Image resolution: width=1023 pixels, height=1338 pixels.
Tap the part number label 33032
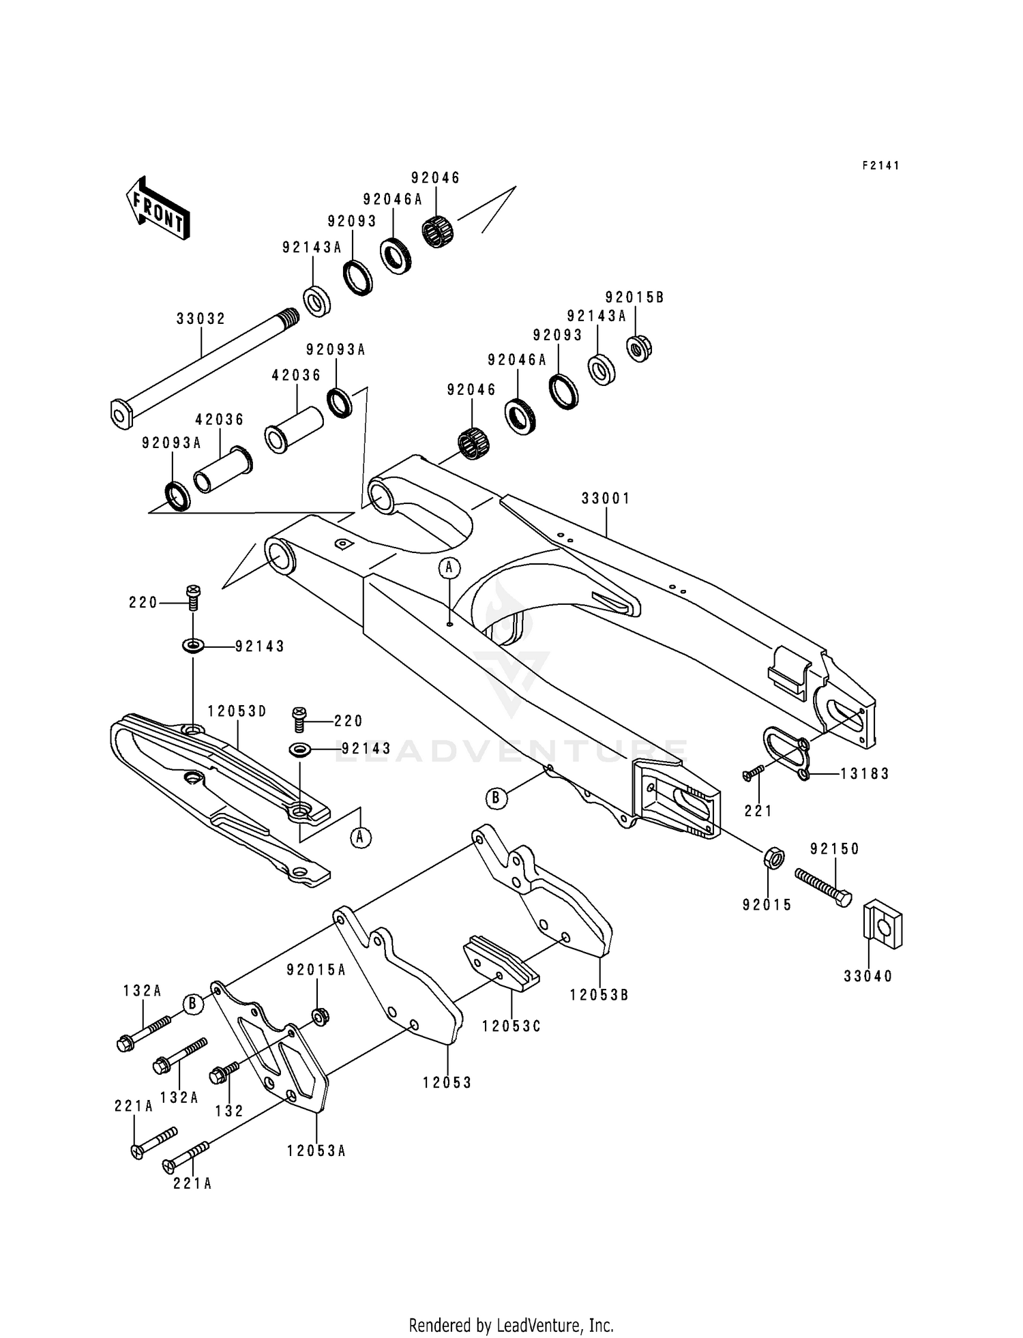(201, 318)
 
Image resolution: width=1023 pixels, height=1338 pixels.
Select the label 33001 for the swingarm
(606, 499)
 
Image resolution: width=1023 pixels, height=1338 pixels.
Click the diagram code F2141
(880, 166)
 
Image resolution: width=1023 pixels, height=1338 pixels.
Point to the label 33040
(868, 977)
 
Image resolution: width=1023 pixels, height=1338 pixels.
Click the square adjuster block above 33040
(883, 925)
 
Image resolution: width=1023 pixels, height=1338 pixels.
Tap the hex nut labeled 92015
(771, 857)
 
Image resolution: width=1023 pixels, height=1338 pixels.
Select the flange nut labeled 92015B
(640, 347)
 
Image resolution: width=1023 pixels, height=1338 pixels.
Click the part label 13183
(864, 773)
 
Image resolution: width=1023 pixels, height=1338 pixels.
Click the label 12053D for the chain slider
(237, 711)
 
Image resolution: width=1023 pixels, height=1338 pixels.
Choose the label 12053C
(511, 1026)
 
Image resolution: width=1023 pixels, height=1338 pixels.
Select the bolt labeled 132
(225, 1073)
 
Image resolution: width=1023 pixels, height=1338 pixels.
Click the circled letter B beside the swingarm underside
(497, 797)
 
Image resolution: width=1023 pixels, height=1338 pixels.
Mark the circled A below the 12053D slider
(361, 837)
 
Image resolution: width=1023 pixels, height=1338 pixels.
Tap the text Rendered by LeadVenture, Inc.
(511, 1325)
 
